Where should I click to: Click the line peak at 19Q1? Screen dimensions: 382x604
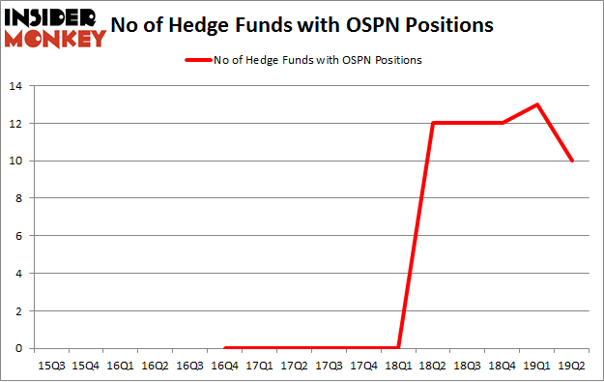[537, 104]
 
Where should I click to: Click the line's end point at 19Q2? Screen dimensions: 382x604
[572, 161]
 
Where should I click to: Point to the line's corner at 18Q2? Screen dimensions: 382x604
[433, 123]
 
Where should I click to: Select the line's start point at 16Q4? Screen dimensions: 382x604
[224, 348]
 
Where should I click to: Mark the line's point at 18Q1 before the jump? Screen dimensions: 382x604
[398, 348]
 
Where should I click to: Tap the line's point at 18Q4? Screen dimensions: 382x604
[503, 123]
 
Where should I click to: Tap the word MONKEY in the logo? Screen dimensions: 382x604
[54, 40]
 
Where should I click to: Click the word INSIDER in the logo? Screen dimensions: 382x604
[54, 17]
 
